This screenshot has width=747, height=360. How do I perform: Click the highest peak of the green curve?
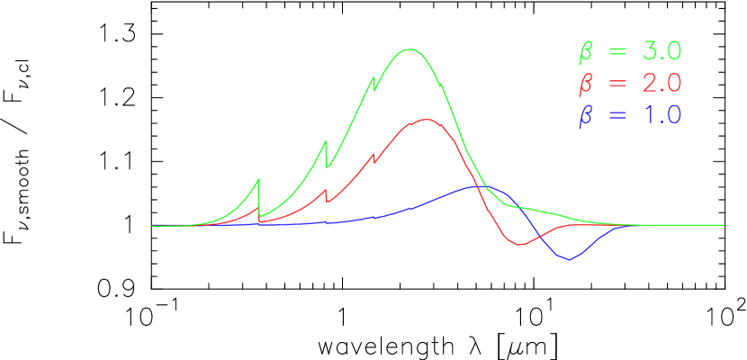click(410, 49)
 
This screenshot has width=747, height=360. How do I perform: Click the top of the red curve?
click(425, 119)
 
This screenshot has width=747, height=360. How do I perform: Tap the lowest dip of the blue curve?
click(568, 259)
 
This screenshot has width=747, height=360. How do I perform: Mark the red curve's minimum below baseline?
click(519, 245)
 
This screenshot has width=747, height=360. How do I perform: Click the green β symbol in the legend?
click(586, 52)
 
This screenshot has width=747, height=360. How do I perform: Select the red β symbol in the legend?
click(586, 84)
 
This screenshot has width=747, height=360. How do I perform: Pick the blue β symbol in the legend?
click(586, 115)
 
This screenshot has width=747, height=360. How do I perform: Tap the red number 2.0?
click(661, 83)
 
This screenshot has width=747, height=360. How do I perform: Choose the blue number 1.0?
click(661, 114)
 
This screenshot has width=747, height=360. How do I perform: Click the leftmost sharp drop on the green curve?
click(259, 198)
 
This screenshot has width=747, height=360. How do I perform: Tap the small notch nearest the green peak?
click(374, 83)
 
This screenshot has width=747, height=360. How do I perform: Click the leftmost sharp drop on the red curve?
click(259, 214)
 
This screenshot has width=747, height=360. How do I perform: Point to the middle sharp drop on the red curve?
click(326, 194)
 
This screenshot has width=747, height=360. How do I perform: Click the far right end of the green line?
click(724, 225)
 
